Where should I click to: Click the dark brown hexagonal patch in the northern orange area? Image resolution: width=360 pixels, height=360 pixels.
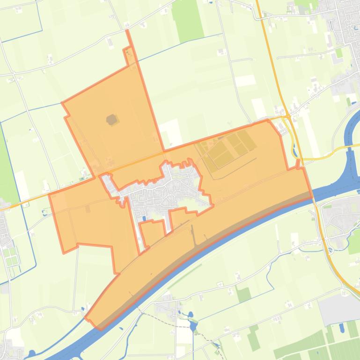(x=112, y=120)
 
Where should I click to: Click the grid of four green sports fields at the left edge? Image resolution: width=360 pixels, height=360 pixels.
(x=10, y=255)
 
